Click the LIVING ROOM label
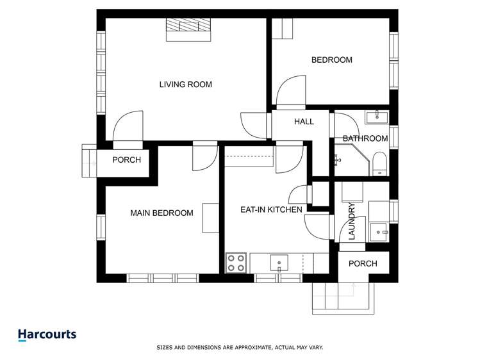185,85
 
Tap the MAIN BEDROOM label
161,213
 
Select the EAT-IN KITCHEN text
271,209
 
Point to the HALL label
304,121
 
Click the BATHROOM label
365,138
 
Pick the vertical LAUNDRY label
351,221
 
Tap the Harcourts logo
47,334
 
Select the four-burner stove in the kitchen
236,263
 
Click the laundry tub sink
379,231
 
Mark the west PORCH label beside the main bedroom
126,160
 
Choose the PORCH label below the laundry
362,263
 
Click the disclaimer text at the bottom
240,348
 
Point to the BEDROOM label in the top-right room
331,60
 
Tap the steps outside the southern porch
340,296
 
